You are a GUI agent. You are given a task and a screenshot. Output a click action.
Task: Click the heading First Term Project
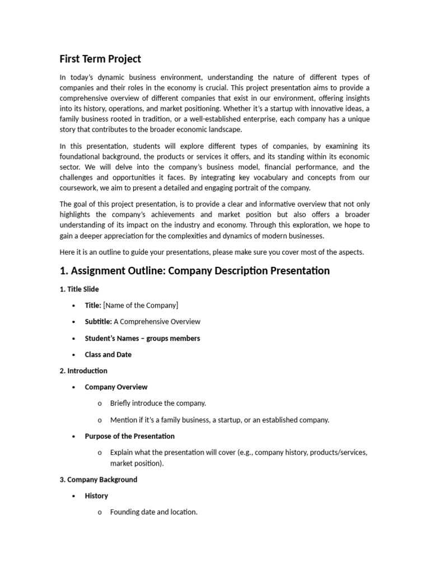[x=100, y=59]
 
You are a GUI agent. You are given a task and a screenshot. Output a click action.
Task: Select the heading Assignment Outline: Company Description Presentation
[x=195, y=271]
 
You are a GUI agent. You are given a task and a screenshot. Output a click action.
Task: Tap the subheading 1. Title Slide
[x=79, y=289]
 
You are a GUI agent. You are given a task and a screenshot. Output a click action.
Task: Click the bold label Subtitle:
[x=98, y=322]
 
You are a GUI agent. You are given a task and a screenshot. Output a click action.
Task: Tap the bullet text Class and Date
[x=108, y=354]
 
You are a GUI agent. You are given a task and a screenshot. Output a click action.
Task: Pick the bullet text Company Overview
[x=116, y=387]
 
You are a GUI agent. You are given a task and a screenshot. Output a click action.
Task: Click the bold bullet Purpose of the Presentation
[x=129, y=436]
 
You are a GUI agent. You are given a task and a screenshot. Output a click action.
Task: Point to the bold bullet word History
[x=96, y=496]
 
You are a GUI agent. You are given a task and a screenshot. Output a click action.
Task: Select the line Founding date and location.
[x=153, y=512]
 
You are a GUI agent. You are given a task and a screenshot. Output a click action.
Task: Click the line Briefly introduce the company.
[x=158, y=403]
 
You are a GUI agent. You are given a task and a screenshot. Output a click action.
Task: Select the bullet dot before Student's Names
[x=74, y=339]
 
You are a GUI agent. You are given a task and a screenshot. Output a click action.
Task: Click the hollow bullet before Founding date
[x=100, y=513]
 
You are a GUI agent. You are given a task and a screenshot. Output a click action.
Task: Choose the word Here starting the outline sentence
[x=68, y=252]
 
